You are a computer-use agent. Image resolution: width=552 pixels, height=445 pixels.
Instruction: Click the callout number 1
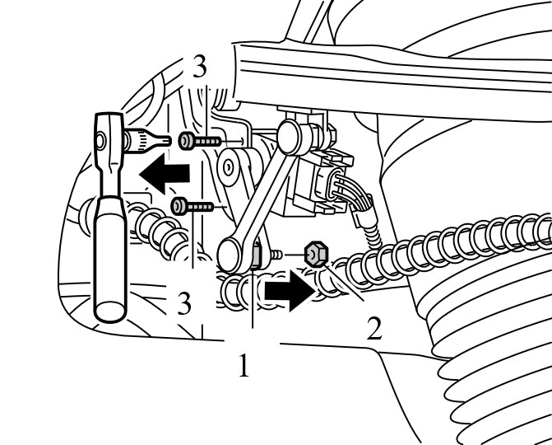(x=244, y=365)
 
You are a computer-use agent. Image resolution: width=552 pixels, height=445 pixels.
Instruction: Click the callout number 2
(x=374, y=328)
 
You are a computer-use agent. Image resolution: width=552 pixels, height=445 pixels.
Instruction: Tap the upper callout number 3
(x=199, y=66)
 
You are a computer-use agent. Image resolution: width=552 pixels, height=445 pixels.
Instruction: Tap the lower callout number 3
(x=184, y=303)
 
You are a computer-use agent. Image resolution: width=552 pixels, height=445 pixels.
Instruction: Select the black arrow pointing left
(x=165, y=174)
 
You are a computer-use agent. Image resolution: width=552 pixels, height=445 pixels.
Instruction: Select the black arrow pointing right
(x=290, y=291)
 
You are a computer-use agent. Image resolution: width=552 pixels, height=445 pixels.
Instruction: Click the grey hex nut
(x=317, y=254)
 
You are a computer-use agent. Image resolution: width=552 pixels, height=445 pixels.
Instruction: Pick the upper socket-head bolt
(x=200, y=141)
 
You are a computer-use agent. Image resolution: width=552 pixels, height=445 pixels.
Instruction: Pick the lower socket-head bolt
(x=193, y=206)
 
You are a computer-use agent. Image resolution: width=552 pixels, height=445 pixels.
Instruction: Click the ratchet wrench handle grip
(x=111, y=260)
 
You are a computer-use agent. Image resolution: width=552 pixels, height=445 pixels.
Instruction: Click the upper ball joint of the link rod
(x=292, y=137)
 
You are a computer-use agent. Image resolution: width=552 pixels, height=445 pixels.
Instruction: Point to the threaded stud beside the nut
(x=277, y=255)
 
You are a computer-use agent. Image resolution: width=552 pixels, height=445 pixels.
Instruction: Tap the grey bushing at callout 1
(x=257, y=255)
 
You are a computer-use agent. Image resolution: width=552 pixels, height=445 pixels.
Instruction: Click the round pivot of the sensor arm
(x=229, y=166)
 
